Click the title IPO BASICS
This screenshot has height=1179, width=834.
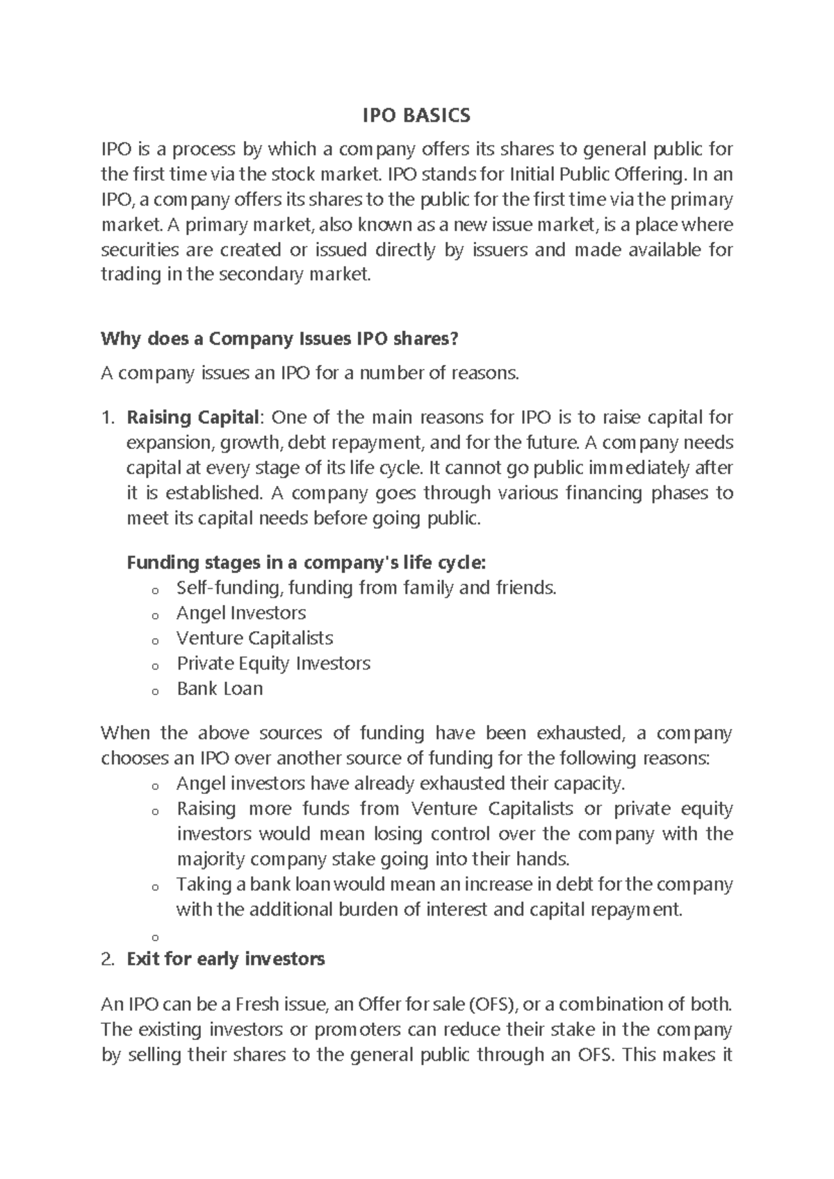416,115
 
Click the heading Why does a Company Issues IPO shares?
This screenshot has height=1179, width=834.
279,339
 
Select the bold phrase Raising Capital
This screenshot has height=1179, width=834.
191,418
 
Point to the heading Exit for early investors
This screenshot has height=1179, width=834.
226,960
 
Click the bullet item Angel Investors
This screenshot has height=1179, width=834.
240,613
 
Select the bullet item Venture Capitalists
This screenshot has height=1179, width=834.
254,638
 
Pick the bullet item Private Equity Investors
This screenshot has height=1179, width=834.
273,664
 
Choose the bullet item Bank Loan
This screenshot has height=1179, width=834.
220,689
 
